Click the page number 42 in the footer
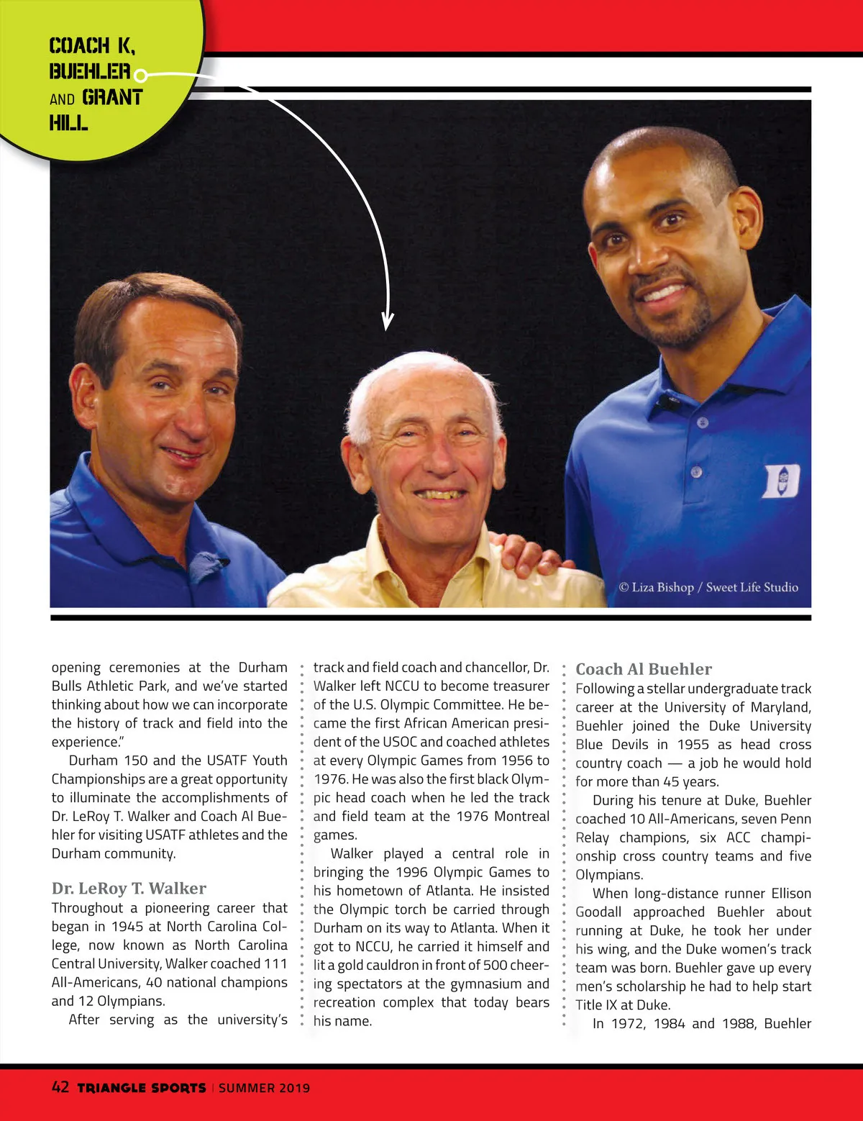[60, 1086]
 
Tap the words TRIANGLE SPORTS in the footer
[141, 1088]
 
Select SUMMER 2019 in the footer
[264, 1088]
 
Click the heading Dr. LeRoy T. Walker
[129, 889]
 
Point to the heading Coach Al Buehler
[644, 669]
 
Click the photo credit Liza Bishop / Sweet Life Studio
[708, 587]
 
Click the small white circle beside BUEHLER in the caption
[141, 75]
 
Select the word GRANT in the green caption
[112, 98]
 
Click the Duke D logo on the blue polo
[780, 481]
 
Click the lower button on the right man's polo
[695, 472]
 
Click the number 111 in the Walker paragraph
[275, 964]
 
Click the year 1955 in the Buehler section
[693, 745]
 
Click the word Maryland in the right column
[780, 707]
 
